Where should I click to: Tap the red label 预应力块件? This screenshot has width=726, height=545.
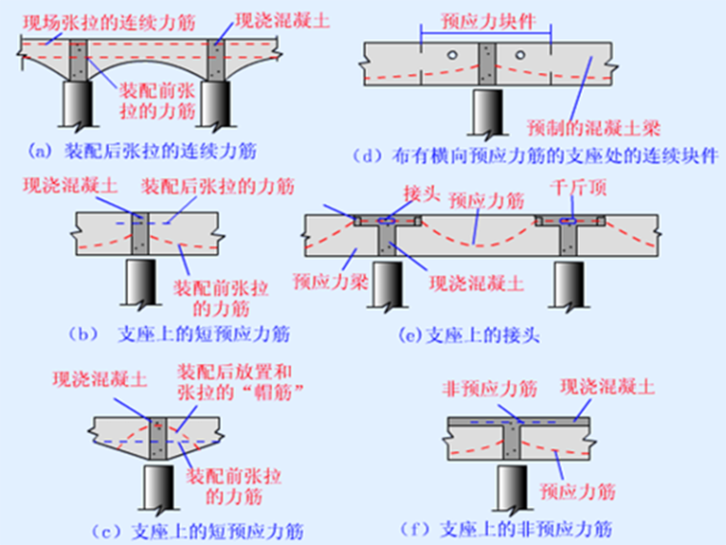pos(487,20)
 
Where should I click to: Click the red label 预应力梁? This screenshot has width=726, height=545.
pos(326,281)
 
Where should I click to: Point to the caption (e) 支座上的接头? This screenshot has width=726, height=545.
pos(458,337)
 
